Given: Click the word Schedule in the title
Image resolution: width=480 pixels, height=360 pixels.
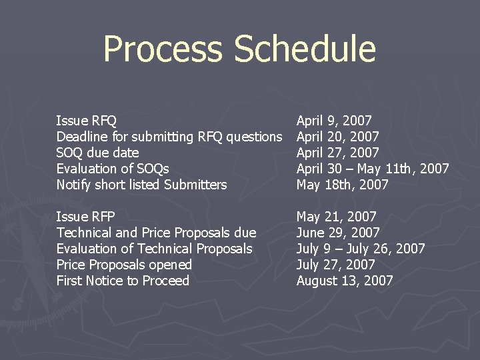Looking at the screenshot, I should tap(305, 50).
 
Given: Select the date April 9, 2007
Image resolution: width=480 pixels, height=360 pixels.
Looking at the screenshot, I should tap(334, 121).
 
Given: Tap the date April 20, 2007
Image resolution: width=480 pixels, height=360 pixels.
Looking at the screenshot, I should tap(337, 137).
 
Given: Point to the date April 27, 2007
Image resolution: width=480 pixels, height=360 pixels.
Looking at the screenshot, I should tap(337, 153).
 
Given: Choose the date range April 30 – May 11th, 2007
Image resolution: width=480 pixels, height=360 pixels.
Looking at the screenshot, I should tap(373, 169).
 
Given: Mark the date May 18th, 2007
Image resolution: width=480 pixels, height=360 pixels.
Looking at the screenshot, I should tap(342, 185).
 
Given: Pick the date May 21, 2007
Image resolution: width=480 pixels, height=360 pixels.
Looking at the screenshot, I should tap(336, 217).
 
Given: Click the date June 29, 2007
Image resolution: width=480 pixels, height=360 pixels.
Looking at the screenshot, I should tap(338, 233).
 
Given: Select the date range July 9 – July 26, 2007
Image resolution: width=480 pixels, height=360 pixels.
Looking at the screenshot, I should tap(361, 249).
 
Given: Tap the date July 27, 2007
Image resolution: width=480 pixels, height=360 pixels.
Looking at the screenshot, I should tap(335, 265).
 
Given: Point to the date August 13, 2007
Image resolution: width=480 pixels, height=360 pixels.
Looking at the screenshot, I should tap(345, 281).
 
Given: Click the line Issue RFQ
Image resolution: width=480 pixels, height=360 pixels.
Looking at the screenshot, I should tap(87, 121).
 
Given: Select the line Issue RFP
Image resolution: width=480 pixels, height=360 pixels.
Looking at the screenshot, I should tap(86, 217).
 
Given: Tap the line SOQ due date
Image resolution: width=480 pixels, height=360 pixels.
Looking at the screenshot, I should tap(97, 153).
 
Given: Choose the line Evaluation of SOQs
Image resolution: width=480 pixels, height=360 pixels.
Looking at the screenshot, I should tap(113, 169).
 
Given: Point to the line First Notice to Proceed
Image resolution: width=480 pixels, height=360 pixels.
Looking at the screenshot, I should tap(123, 281).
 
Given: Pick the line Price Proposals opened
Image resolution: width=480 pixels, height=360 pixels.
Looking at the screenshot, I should tap(124, 265).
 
